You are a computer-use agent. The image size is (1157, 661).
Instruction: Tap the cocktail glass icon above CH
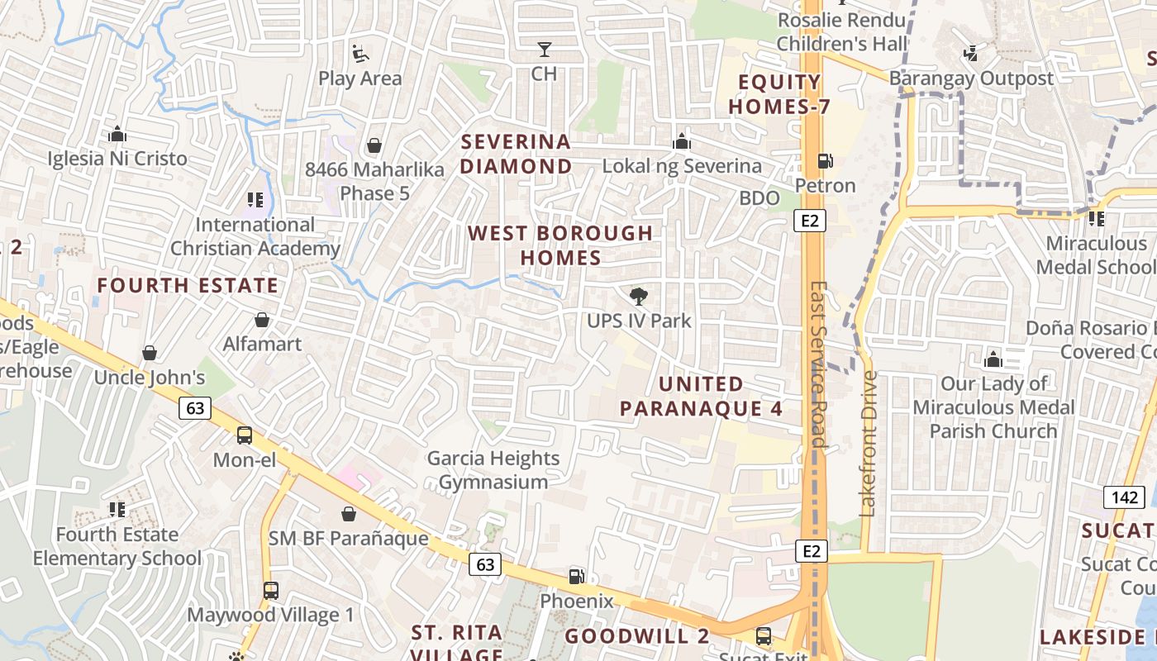click(544, 50)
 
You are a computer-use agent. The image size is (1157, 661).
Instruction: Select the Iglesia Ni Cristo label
click(117, 159)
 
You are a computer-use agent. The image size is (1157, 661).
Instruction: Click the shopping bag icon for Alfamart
click(262, 320)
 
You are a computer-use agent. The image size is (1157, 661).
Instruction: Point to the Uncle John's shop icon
click(150, 354)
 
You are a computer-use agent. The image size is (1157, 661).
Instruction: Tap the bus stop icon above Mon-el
click(245, 435)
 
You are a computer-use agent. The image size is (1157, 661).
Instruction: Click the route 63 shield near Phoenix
click(484, 564)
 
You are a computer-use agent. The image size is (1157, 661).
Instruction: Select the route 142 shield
click(1123, 497)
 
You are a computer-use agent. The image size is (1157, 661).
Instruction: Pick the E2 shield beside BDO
click(810, 220)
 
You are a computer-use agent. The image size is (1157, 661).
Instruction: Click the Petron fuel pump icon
click(824, 161)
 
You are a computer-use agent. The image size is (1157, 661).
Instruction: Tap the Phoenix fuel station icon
click(576, 577)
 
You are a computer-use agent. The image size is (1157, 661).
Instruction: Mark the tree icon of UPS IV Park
click(638, 297)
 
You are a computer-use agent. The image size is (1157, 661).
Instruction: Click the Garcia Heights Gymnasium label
click(493, 470)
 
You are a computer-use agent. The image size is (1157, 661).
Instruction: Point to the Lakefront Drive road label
click(868, 444)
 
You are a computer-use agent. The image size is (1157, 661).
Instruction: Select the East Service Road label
click(817, 364)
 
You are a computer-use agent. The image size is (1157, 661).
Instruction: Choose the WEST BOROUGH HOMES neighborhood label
click(561, 245)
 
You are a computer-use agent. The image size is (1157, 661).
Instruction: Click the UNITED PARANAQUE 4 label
click(701, 397)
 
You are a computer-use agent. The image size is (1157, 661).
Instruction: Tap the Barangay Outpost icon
click(971, 55)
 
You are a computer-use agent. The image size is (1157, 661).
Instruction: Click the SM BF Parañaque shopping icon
click(349, 514)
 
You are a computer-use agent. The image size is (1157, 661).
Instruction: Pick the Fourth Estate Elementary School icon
click(117, 510)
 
